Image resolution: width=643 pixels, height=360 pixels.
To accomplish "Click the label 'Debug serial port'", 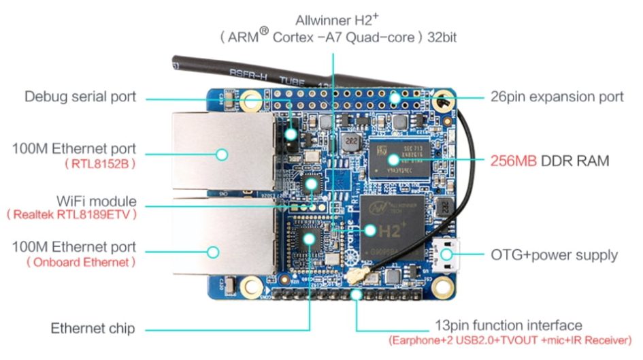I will (x=80, y=97).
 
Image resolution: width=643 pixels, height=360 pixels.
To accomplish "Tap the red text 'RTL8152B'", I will (x=100, y=164).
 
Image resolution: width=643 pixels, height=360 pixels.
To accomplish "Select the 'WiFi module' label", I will (x=97, y=201).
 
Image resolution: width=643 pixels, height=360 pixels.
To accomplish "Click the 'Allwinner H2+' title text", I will (x=333, y=18).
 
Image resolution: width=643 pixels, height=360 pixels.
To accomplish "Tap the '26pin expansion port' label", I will (x=557, y=97).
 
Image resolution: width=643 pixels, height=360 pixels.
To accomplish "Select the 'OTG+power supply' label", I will (x=554, y=255).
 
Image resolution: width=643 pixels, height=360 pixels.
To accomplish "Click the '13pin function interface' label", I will (x=508, y=325).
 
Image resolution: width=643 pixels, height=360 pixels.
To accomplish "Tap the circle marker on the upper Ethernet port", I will (x=221, y=154).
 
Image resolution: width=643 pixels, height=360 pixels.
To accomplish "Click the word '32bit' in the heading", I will (x=442, y=37).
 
